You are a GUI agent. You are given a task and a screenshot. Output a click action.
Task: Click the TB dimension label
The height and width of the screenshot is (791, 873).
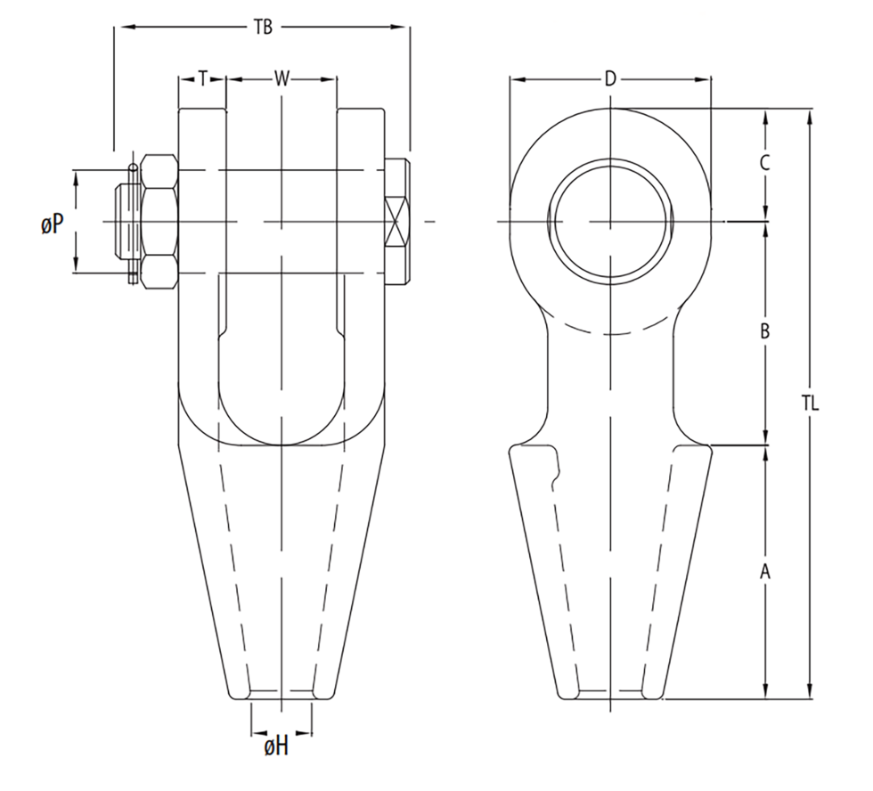pos(262,28)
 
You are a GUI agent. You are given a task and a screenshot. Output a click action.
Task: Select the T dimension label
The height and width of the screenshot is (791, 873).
pos(203,78)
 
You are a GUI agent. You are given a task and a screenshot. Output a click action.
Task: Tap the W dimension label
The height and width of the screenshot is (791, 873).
pos(281,78)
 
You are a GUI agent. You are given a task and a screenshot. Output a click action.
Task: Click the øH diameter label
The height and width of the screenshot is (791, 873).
pos(276,746)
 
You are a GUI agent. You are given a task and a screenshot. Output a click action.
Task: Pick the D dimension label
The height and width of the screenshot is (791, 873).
pos(610,78)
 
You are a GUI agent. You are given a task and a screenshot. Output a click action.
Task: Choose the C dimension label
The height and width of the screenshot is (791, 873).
pos(764,163)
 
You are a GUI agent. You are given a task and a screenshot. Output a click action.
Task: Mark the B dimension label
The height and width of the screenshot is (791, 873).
pos(764,332)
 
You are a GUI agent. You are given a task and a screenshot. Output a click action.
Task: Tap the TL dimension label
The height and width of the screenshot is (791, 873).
pos(810,404)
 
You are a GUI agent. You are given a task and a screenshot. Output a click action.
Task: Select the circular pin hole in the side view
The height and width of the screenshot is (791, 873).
pos(610,221)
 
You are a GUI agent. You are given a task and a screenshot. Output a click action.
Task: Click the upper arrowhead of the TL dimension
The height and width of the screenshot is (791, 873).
pos(810,115)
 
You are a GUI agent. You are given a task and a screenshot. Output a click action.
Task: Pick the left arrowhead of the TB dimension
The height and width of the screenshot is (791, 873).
pos(121,28)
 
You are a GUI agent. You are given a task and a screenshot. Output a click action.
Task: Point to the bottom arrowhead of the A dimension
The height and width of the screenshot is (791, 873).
pos(764,692)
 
